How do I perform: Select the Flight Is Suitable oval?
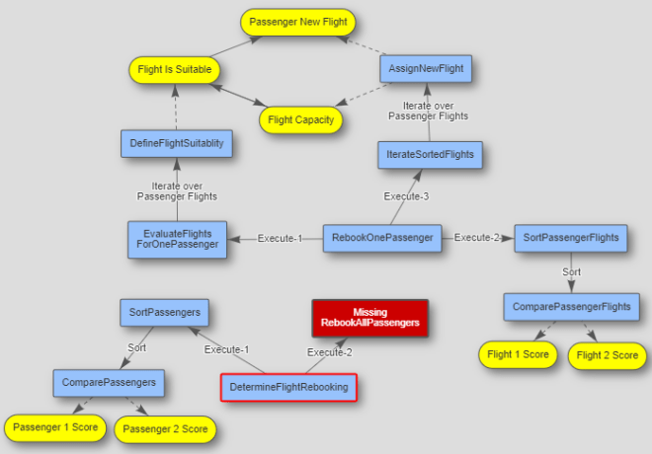click(173, 70)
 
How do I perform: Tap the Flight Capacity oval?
click(300, 120)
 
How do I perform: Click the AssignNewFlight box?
click(426, 69)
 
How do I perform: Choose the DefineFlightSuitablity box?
click(177, 143)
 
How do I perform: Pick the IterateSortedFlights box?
click(430, 154)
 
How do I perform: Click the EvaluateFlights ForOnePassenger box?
click(177, 239)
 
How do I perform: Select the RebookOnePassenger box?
click(381, 238)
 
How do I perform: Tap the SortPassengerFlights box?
click(571, 238)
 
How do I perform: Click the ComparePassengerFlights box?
click(571, 307)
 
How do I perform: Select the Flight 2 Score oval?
click(608, 355)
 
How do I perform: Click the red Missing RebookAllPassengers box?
click(369, 318)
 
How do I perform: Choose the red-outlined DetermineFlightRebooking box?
click(287, 388)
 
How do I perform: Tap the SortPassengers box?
click(165, 313)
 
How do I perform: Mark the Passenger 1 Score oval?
click(54, 428)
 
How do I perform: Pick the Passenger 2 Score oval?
click(165, 429)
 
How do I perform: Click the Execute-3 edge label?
click(406, 196)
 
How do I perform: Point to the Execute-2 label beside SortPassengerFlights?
click(478, 238)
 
